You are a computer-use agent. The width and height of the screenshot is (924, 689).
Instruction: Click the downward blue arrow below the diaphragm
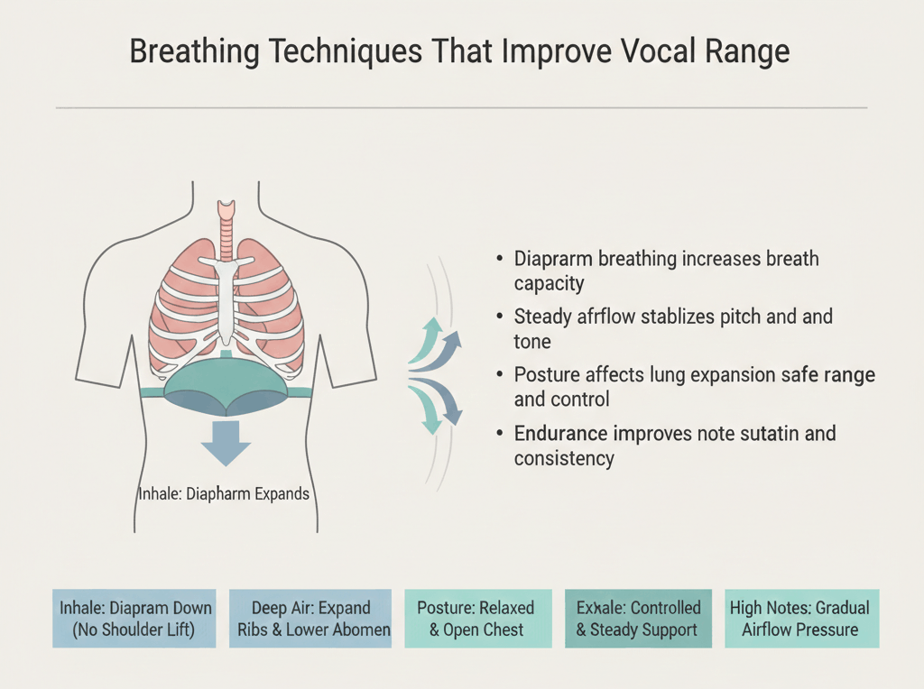226,444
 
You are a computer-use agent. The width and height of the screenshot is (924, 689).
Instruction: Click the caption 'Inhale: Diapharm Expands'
224,493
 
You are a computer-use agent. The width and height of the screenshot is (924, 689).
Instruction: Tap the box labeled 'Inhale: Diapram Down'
134,619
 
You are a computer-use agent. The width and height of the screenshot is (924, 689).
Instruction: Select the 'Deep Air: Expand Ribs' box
310,619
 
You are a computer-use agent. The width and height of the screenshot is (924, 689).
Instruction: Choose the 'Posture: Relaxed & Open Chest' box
478,619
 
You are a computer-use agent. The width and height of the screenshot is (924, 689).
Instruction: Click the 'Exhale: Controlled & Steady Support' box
638,619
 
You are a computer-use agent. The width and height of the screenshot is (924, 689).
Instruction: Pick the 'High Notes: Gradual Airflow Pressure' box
801,619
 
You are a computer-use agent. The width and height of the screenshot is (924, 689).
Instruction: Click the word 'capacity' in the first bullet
549,284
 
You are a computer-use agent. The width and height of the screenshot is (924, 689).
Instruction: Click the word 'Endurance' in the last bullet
560,434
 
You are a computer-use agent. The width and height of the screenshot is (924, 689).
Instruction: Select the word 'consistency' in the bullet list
564,458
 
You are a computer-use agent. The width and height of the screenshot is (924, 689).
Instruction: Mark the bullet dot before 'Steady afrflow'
500,317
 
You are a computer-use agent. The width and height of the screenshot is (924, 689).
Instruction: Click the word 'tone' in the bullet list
532,342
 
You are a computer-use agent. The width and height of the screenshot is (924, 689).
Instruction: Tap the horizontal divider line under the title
461,107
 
